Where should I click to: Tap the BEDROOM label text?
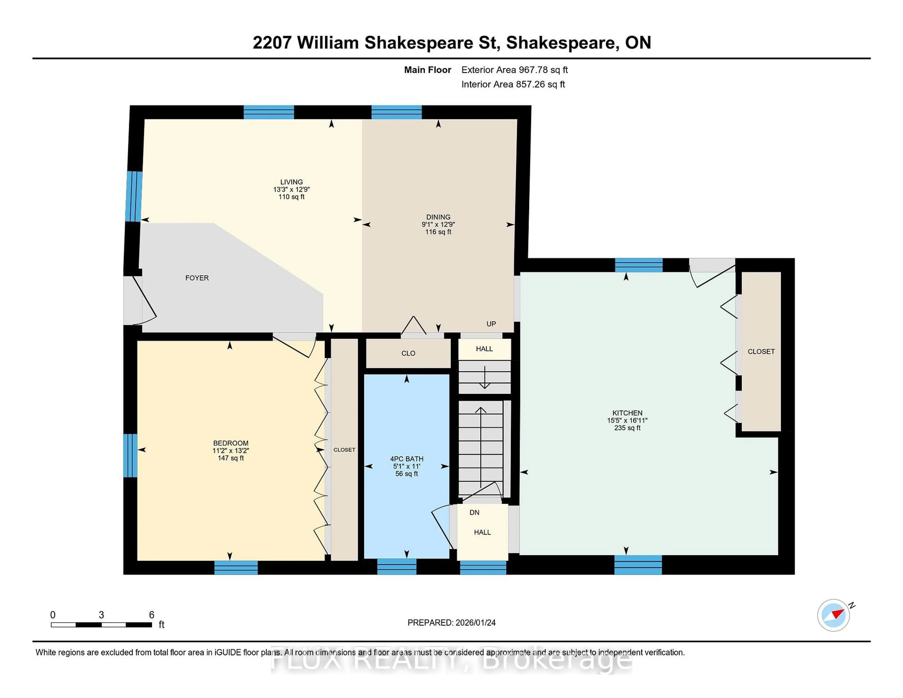click(231, 443)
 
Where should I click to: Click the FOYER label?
click(197, 278)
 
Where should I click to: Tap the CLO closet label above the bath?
click(408, 353)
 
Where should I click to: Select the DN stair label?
click(474, 512)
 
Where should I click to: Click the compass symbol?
click(833, 615)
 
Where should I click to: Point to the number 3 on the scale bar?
click(101, 615)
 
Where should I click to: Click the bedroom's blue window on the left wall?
click(130, 455)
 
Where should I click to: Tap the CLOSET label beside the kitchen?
click(761, 352)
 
